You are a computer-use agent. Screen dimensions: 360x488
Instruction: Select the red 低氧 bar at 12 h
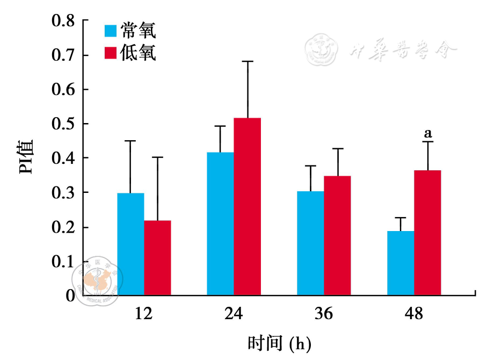coord(157,257)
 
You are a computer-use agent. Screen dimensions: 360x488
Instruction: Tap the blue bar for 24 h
coord(220,224)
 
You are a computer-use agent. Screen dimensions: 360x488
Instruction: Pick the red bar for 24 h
coord(247,206)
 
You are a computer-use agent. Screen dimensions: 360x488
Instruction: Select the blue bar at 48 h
coord(400,263)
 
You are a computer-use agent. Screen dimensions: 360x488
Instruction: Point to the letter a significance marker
coord(428,133)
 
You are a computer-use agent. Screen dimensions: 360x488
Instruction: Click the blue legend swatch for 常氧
coord(111,31)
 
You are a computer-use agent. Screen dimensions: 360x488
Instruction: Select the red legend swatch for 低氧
coord(111,53)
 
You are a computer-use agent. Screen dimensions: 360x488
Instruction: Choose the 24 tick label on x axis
coord(234,314)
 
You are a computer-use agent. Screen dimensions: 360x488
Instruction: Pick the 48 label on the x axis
coord(414,314)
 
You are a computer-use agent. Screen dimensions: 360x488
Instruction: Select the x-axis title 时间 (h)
coord(279,342)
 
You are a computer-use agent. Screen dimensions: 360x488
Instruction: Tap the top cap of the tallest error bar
coord(247,61)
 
